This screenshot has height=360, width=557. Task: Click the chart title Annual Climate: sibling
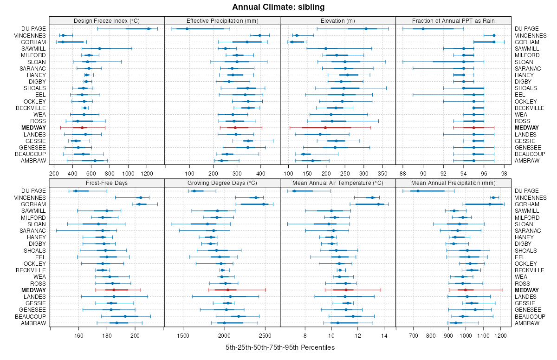pos(278,7)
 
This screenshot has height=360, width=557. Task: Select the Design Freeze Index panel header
pos(107,20)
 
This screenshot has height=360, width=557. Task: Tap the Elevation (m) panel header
pos(338,20)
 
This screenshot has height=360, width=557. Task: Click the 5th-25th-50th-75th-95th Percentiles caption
pos(280,347)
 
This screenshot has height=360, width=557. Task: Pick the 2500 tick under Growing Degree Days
pos(265,335)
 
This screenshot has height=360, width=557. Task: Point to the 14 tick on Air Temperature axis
pos(384,335)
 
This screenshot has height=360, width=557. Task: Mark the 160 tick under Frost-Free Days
pos(78,335)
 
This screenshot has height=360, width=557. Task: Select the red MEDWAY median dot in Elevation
pos(325,128)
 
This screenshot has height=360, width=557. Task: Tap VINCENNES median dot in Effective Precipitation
pos(259,35)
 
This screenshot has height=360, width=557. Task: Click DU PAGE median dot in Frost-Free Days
pos(76,191)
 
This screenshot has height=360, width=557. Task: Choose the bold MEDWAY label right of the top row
pos(527,128)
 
